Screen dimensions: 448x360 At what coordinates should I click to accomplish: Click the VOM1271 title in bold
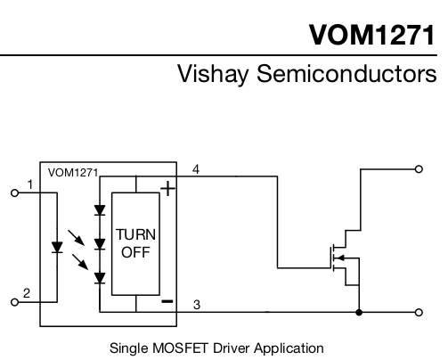point(372,35)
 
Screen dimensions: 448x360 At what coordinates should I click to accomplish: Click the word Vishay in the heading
point(213,74)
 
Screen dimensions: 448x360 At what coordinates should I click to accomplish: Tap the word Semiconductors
point(346,73)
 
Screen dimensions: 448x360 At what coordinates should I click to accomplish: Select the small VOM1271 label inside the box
point(73,173)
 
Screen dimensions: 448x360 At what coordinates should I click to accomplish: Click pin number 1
point(29,184)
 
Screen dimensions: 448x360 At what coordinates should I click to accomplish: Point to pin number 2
point(27,293)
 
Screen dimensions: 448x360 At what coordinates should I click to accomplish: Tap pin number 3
point(197,305)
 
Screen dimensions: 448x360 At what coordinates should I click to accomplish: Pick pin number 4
point(196,169)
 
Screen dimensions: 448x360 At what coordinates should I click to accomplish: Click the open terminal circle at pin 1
point(14,193)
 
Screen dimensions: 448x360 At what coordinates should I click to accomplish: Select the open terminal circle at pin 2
point(14,302)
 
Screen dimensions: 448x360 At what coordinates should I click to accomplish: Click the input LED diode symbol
point(57,248)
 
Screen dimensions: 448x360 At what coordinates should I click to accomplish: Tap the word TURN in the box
point(135,234)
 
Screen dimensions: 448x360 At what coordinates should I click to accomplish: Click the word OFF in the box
point(135,252)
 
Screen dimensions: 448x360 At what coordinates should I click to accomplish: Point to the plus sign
point(168,189)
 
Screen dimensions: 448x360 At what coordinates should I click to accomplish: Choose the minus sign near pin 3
point(167,301)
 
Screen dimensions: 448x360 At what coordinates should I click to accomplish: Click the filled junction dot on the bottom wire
point(359,312)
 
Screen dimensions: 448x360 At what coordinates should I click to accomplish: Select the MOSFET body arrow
point(341,258)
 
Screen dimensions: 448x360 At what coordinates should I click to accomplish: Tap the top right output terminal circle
point(419,169)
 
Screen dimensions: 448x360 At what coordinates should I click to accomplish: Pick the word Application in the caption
point(289,348)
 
